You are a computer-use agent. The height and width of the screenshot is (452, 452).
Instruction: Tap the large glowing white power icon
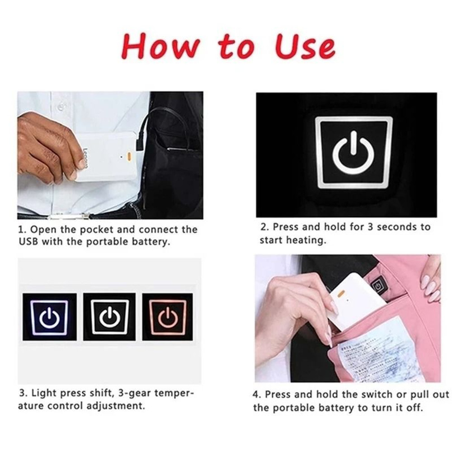(x=353, y=152)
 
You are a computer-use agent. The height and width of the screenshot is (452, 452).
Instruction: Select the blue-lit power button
(x=47, y=317)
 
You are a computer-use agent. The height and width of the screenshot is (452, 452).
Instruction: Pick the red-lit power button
(x=167, y=317)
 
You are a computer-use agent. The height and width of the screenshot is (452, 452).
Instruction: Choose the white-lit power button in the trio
(x=109, y=317)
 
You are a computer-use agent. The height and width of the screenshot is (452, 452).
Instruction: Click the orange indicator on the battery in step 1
(x=129, y=156)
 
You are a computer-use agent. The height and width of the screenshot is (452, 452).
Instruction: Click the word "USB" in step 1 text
(x=29, y=241)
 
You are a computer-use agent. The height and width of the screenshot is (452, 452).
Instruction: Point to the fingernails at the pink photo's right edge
(x=429, y=289)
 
